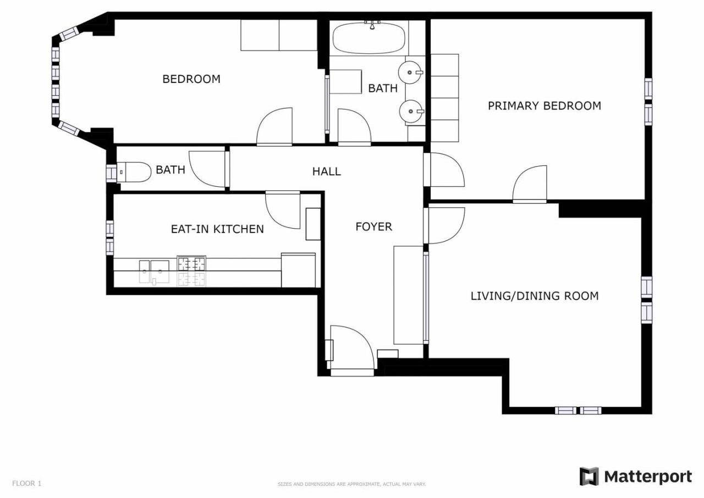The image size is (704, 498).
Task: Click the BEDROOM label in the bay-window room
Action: click(191, 79)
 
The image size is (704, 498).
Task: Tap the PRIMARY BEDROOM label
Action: click(544, 106)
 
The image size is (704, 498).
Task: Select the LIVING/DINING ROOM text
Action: click(534, 296)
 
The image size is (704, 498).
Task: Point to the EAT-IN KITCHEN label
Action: click(217, 229)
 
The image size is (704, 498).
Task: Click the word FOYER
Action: click(373, 226)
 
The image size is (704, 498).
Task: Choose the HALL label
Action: click(326, 171)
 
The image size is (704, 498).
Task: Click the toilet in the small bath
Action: click(134, 173)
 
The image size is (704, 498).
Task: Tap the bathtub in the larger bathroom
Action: click(369, 37)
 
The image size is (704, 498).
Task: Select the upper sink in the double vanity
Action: click(412, 71)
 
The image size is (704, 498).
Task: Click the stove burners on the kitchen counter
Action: click(191, 271)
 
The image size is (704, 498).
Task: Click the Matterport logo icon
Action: click(589, 477)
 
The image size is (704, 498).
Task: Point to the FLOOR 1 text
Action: click(26, 484)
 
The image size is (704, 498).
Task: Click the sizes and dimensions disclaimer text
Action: click(351, 484)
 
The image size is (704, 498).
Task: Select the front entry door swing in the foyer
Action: click(351, 346)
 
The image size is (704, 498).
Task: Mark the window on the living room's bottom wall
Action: click(577, 410)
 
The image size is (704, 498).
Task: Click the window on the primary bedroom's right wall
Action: click(648, 101)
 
